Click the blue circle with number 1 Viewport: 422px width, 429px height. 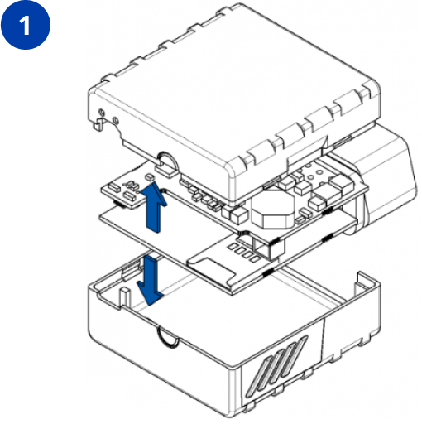pos(26,25)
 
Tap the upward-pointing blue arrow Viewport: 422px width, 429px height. pos(154,207)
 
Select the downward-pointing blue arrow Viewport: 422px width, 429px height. pos(151,280)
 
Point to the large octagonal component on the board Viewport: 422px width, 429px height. pos(272,209)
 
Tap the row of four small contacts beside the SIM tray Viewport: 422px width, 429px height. pos(245,252)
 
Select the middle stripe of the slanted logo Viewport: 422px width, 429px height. pos(276,364)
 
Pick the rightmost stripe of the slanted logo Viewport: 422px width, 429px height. pos(294,356)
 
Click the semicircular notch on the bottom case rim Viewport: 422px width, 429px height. pos(167,336)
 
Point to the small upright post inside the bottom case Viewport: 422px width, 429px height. pos(125,297)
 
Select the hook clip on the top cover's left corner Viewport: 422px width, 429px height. pos(98,123)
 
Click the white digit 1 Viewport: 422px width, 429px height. pos(26,25)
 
